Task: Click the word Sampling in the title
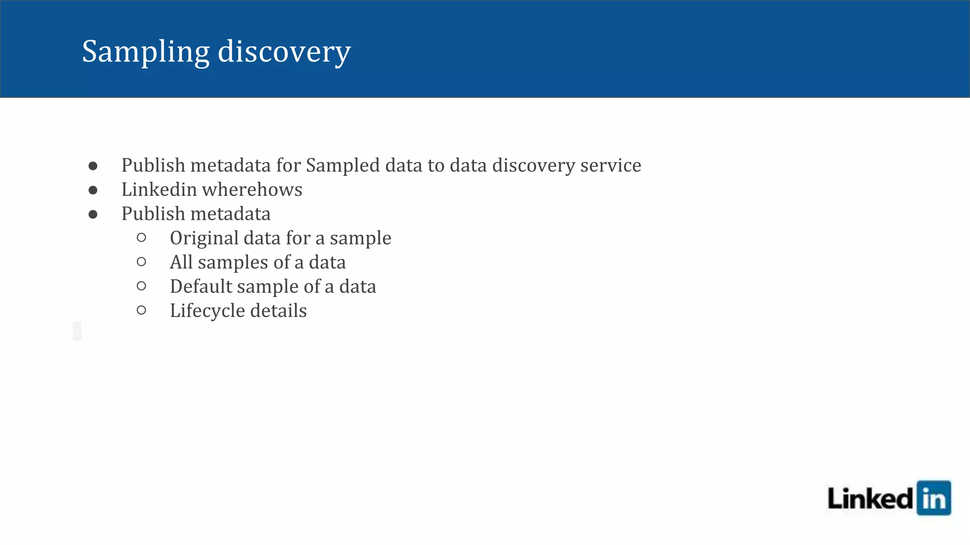pos(145,52)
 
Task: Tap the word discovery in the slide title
pos(284,52)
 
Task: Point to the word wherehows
pos(252,190)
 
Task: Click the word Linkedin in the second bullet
pos(159,190)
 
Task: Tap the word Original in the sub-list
pos(204,238)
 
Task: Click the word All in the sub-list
pos(181,262)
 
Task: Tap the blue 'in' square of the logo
pos(934,498)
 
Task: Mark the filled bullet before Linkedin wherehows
pos(93,190)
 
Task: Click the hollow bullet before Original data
pos(141,237)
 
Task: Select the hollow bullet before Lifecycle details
pos(141,310)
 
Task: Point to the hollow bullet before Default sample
pos(141,286)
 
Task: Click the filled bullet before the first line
pos(93,166)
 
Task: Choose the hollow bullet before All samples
pos(141,262)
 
